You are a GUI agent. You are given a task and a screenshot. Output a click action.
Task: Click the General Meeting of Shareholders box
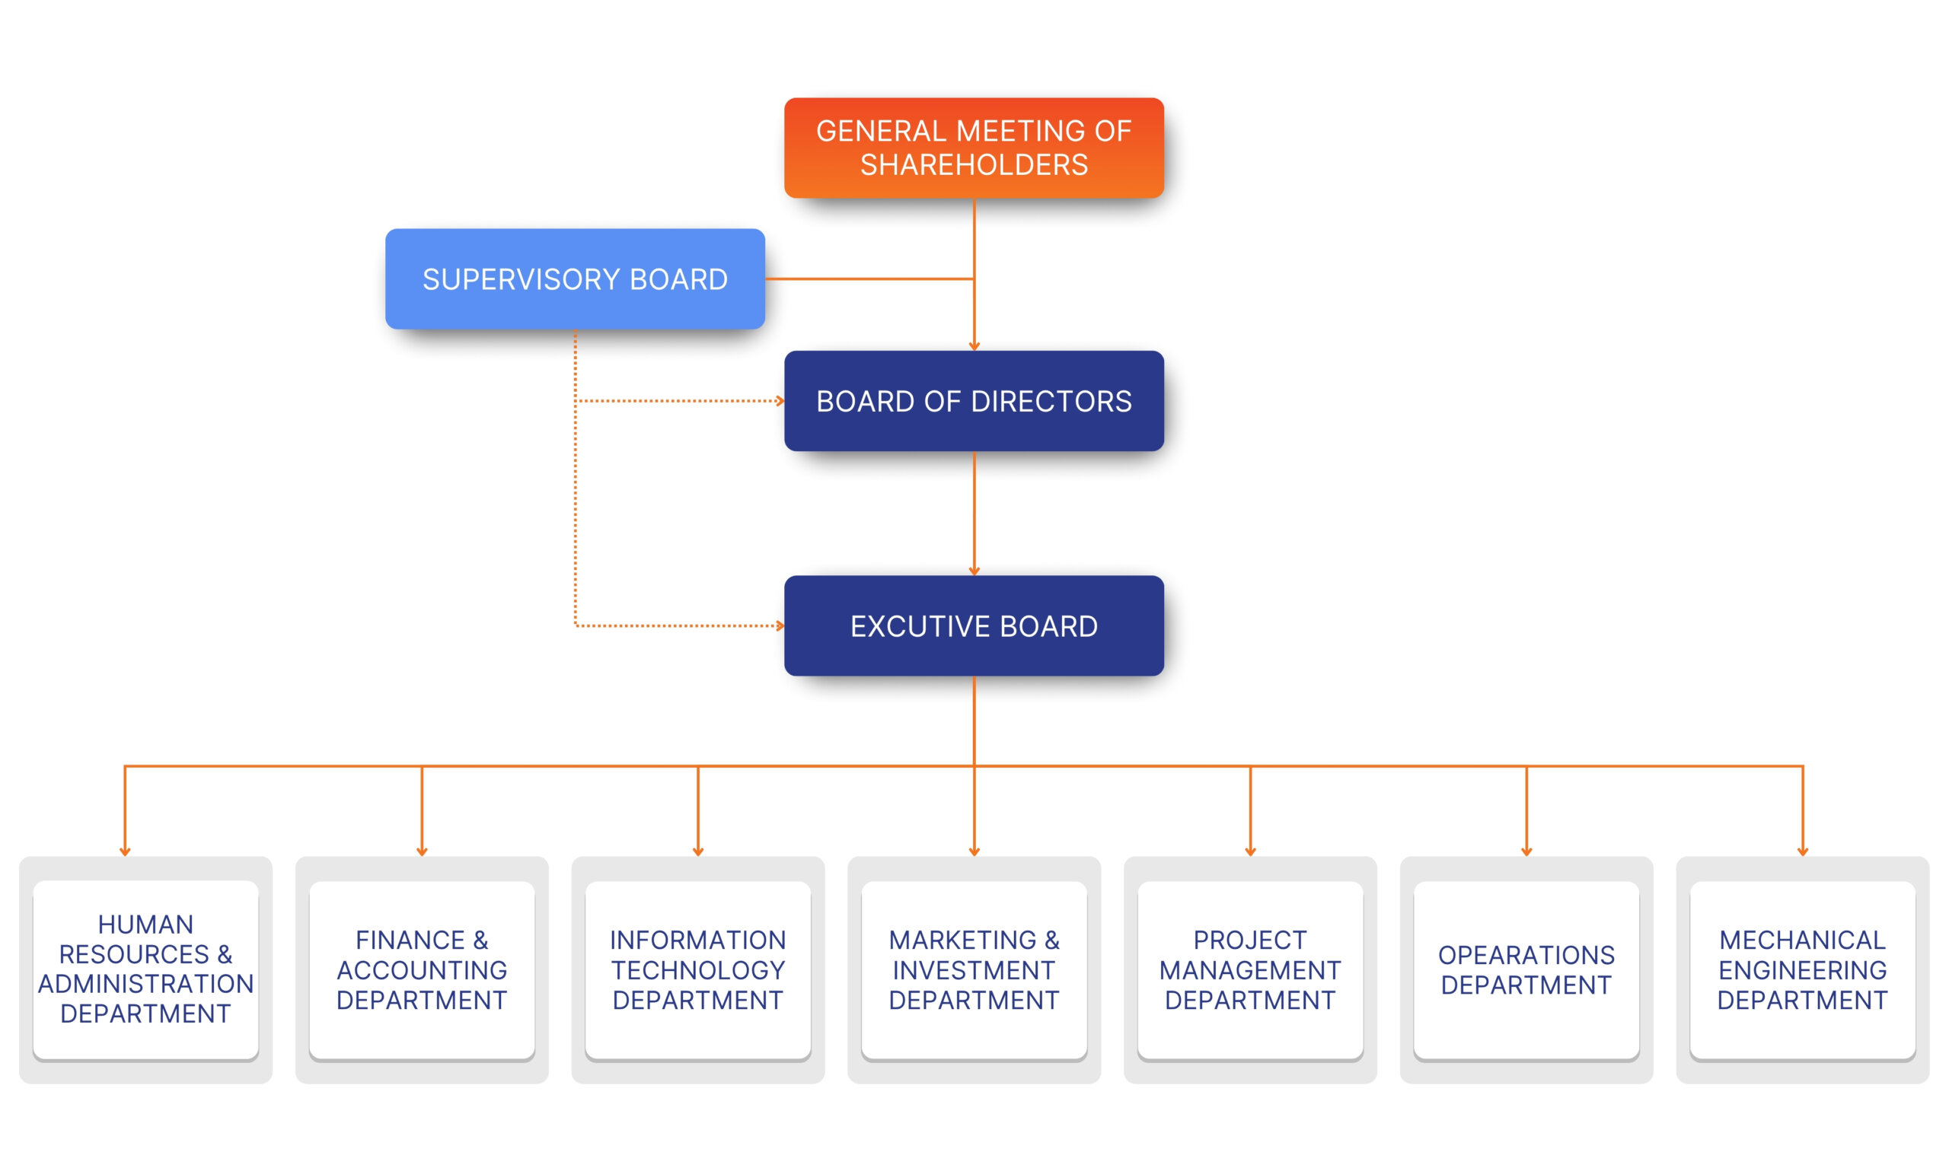(973, 148)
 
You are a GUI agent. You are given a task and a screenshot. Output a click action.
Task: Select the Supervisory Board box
(575, 278)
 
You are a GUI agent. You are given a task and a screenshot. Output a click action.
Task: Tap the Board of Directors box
(973, 401)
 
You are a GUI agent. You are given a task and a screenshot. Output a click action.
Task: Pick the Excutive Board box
(973, 625)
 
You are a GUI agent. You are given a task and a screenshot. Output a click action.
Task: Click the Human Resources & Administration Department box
(145, 969)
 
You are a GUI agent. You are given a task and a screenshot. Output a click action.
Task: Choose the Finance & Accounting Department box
(422, 969)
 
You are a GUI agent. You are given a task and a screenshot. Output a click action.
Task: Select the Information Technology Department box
(698, 969)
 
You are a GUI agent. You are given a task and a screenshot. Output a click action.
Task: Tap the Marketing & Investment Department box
(973, 969)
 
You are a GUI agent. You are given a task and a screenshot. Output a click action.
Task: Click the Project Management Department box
(1249, 969)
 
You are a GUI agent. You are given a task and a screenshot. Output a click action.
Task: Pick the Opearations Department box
(1526, 969)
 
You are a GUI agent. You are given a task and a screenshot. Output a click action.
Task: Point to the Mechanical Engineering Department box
(1802, 969)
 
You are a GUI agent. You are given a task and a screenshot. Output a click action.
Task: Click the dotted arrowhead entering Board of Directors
(780, 401)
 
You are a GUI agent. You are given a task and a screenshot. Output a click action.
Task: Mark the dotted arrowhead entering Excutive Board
(780, 625)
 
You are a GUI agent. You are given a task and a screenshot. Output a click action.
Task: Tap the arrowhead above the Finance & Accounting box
(422, 851)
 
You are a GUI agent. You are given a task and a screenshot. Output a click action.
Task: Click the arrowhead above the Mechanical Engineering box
(1802, 851)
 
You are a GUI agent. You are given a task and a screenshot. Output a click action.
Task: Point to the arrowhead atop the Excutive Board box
(973, 571)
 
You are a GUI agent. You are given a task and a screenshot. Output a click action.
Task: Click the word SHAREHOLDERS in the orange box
(973, 165)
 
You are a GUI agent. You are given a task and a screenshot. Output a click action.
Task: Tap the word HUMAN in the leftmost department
(145, 924)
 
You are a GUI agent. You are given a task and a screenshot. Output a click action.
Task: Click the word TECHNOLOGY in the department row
(698, 970)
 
